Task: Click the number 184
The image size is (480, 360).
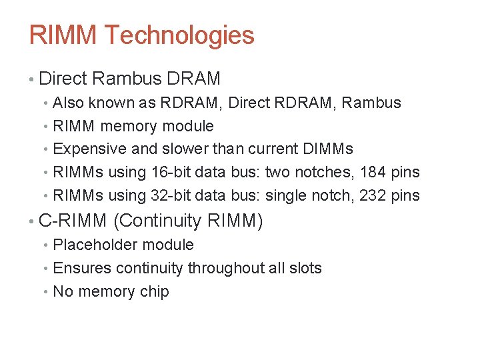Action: pyautogui.click(x=374, y=172)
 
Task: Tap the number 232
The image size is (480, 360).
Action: pyautogui.click(x=374, y=195)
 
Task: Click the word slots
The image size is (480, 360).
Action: pyautogui.click(x=305, y=268)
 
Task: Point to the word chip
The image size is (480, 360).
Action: pyautogui.click(x=155, y=292)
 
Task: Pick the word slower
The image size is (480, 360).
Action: pyautogui.click(x=187, y=149)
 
